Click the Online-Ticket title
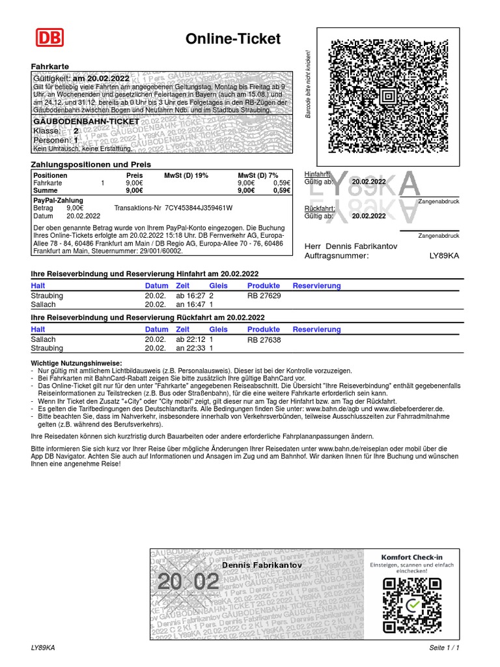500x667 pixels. (233, 39)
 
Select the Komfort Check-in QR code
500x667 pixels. (411, 605)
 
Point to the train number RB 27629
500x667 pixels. (264, 296)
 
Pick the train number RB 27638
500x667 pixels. (264, 339)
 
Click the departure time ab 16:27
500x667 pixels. (191, 296)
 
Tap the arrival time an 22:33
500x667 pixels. (191, 348)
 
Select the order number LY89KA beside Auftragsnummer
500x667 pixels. (444, 256)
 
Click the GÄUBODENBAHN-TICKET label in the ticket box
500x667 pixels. (86, 122)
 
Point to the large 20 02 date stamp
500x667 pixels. (188, 582)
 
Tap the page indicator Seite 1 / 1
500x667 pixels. (444, 648)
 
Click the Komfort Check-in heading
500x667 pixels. (411, 557)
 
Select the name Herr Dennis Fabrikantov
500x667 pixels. (350, 246)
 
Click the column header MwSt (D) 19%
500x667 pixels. (186, 176)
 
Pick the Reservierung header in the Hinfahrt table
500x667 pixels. (316, 285)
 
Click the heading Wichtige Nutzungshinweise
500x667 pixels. (76, 363)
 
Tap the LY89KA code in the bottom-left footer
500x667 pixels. (43, 648)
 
